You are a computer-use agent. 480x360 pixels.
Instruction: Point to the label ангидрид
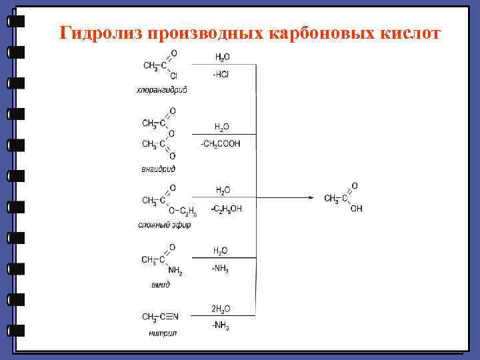(x=158, y=169)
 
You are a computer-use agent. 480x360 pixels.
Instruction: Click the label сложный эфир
(x=164, y=225)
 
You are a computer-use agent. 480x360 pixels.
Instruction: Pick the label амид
(x=160, y=284)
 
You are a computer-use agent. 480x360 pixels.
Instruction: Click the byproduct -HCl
(x=221, y=74)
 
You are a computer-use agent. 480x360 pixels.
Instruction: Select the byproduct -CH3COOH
(x=221, y=143)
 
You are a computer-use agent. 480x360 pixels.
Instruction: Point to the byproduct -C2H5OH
(x=227, y=209)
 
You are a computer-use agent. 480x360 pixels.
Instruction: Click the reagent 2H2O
(x=221, y=309)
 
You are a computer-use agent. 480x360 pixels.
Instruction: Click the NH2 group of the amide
(x=175, y=270)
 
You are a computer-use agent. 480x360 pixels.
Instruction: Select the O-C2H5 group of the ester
(x=182, y=211)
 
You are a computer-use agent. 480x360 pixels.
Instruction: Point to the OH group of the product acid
(x=357, y=209)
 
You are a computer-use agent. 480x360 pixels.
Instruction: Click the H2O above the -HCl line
(x=222, y=57)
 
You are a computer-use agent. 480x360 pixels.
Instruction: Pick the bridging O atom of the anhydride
(x=172, y=133)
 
